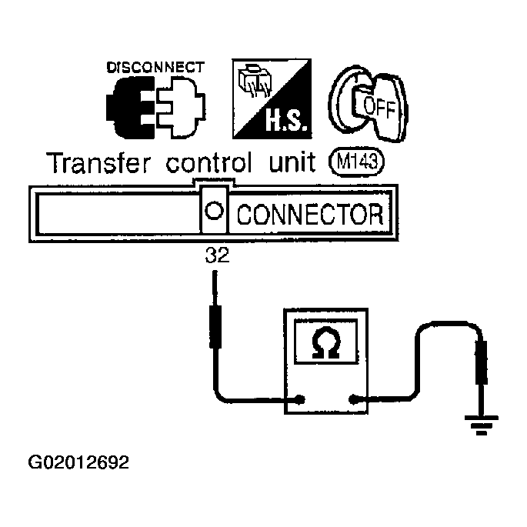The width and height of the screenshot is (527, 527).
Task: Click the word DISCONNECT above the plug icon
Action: [155, 67]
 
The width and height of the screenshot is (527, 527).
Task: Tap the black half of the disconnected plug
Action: [131, 108]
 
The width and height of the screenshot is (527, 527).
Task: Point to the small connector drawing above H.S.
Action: [255, 81]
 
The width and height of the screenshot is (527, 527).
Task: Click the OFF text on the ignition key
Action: [379, 107]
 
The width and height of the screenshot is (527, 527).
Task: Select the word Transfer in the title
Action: [98, 163]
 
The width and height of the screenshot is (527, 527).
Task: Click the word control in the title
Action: [208, 162]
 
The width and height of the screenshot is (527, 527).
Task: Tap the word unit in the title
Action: [292, 162]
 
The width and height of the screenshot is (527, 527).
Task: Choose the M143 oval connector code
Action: [357, 162]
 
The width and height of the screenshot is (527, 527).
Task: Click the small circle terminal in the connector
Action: [214, 211]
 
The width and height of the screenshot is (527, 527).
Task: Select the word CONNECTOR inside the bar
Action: [310, 214]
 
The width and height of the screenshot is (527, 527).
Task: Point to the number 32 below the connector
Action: [217, 255]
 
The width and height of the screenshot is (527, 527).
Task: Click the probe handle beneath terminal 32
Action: [215, 326]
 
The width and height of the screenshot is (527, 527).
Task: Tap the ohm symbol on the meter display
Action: [325, 342]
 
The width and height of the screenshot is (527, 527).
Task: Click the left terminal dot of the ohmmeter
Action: [300, 399]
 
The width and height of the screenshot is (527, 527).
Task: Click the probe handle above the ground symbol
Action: [482, 362]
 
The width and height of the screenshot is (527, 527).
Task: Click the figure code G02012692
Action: [78, 462]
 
